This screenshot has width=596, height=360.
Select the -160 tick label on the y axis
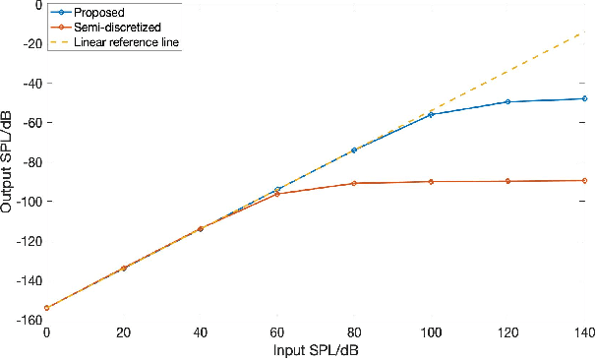click(x=27, y=320)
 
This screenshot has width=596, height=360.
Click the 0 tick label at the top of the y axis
click(x=37, y=5)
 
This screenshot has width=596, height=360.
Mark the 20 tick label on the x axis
click(x=123, y=332)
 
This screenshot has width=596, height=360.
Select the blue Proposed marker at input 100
click(x=431, y=115)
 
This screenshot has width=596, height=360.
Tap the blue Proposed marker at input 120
click(x=507, y=102)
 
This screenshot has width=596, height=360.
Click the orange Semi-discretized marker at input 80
click(x=354, y=183)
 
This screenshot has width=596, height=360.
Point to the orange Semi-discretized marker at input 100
click(x=431, y=182)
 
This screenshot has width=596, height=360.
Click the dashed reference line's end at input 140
click(x=585, y=32)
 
